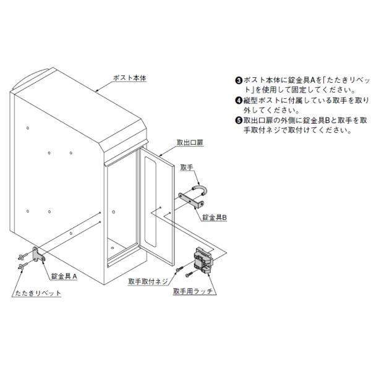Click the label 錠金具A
(64, 278)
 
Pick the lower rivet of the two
(21, 267)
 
